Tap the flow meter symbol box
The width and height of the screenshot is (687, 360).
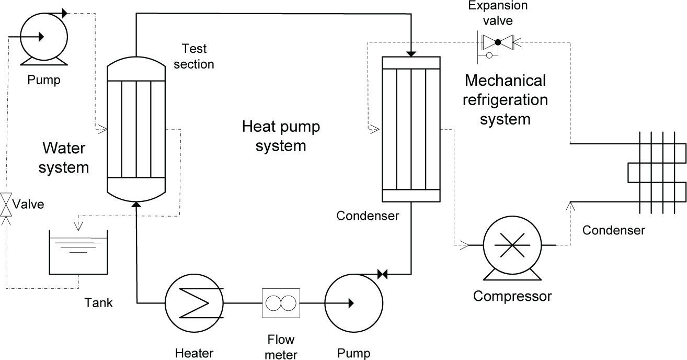coord(281,302)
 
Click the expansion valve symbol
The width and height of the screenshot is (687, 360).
coord(498,41)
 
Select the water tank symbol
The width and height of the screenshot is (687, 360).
coord(78,253)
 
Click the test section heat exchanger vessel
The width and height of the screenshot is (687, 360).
coord(136,129)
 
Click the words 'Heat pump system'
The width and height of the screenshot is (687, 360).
coord(281,136)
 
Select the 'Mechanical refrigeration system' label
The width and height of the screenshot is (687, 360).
coord(505,100)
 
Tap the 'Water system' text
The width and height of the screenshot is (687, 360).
coord(64,157)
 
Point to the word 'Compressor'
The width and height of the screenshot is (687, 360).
coord(512,297)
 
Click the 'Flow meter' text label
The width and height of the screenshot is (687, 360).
coord(281,346)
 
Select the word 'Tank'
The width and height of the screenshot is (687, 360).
coord(98,302)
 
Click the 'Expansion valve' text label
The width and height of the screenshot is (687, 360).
coord(498,13)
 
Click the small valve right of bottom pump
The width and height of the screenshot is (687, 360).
coord(382,274)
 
